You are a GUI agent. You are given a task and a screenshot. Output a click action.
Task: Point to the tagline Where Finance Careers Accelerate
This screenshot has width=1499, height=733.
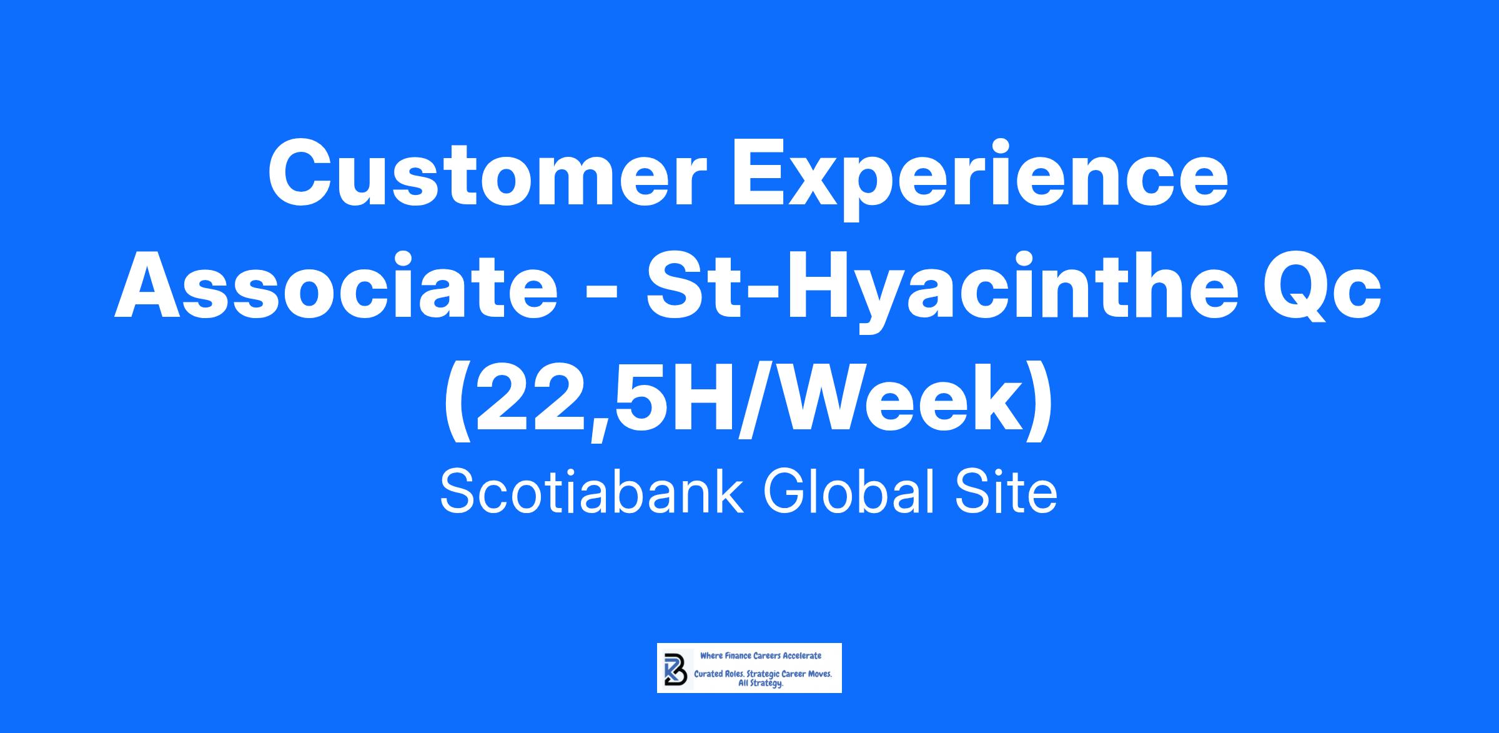761,656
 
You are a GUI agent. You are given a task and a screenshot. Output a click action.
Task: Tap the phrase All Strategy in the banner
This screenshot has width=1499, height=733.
761,684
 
